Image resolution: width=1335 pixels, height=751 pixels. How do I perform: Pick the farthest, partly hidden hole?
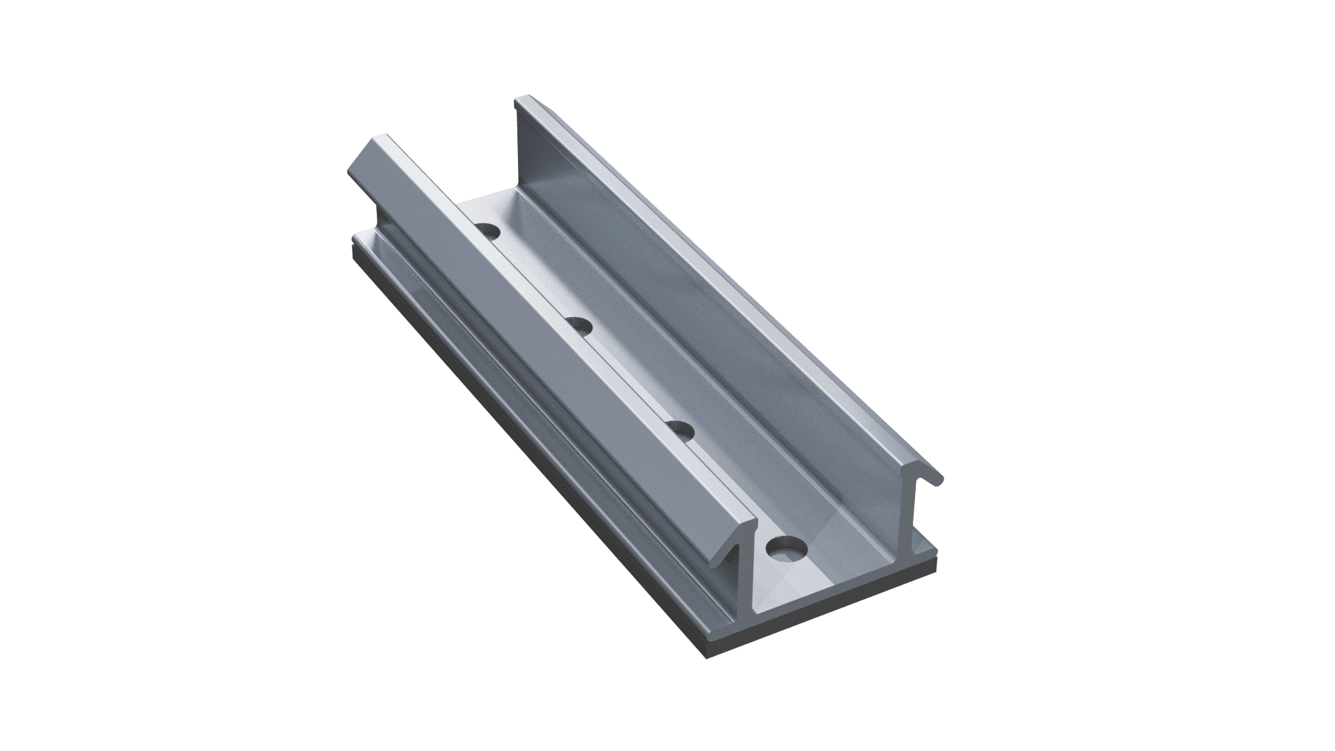(489, 230)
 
